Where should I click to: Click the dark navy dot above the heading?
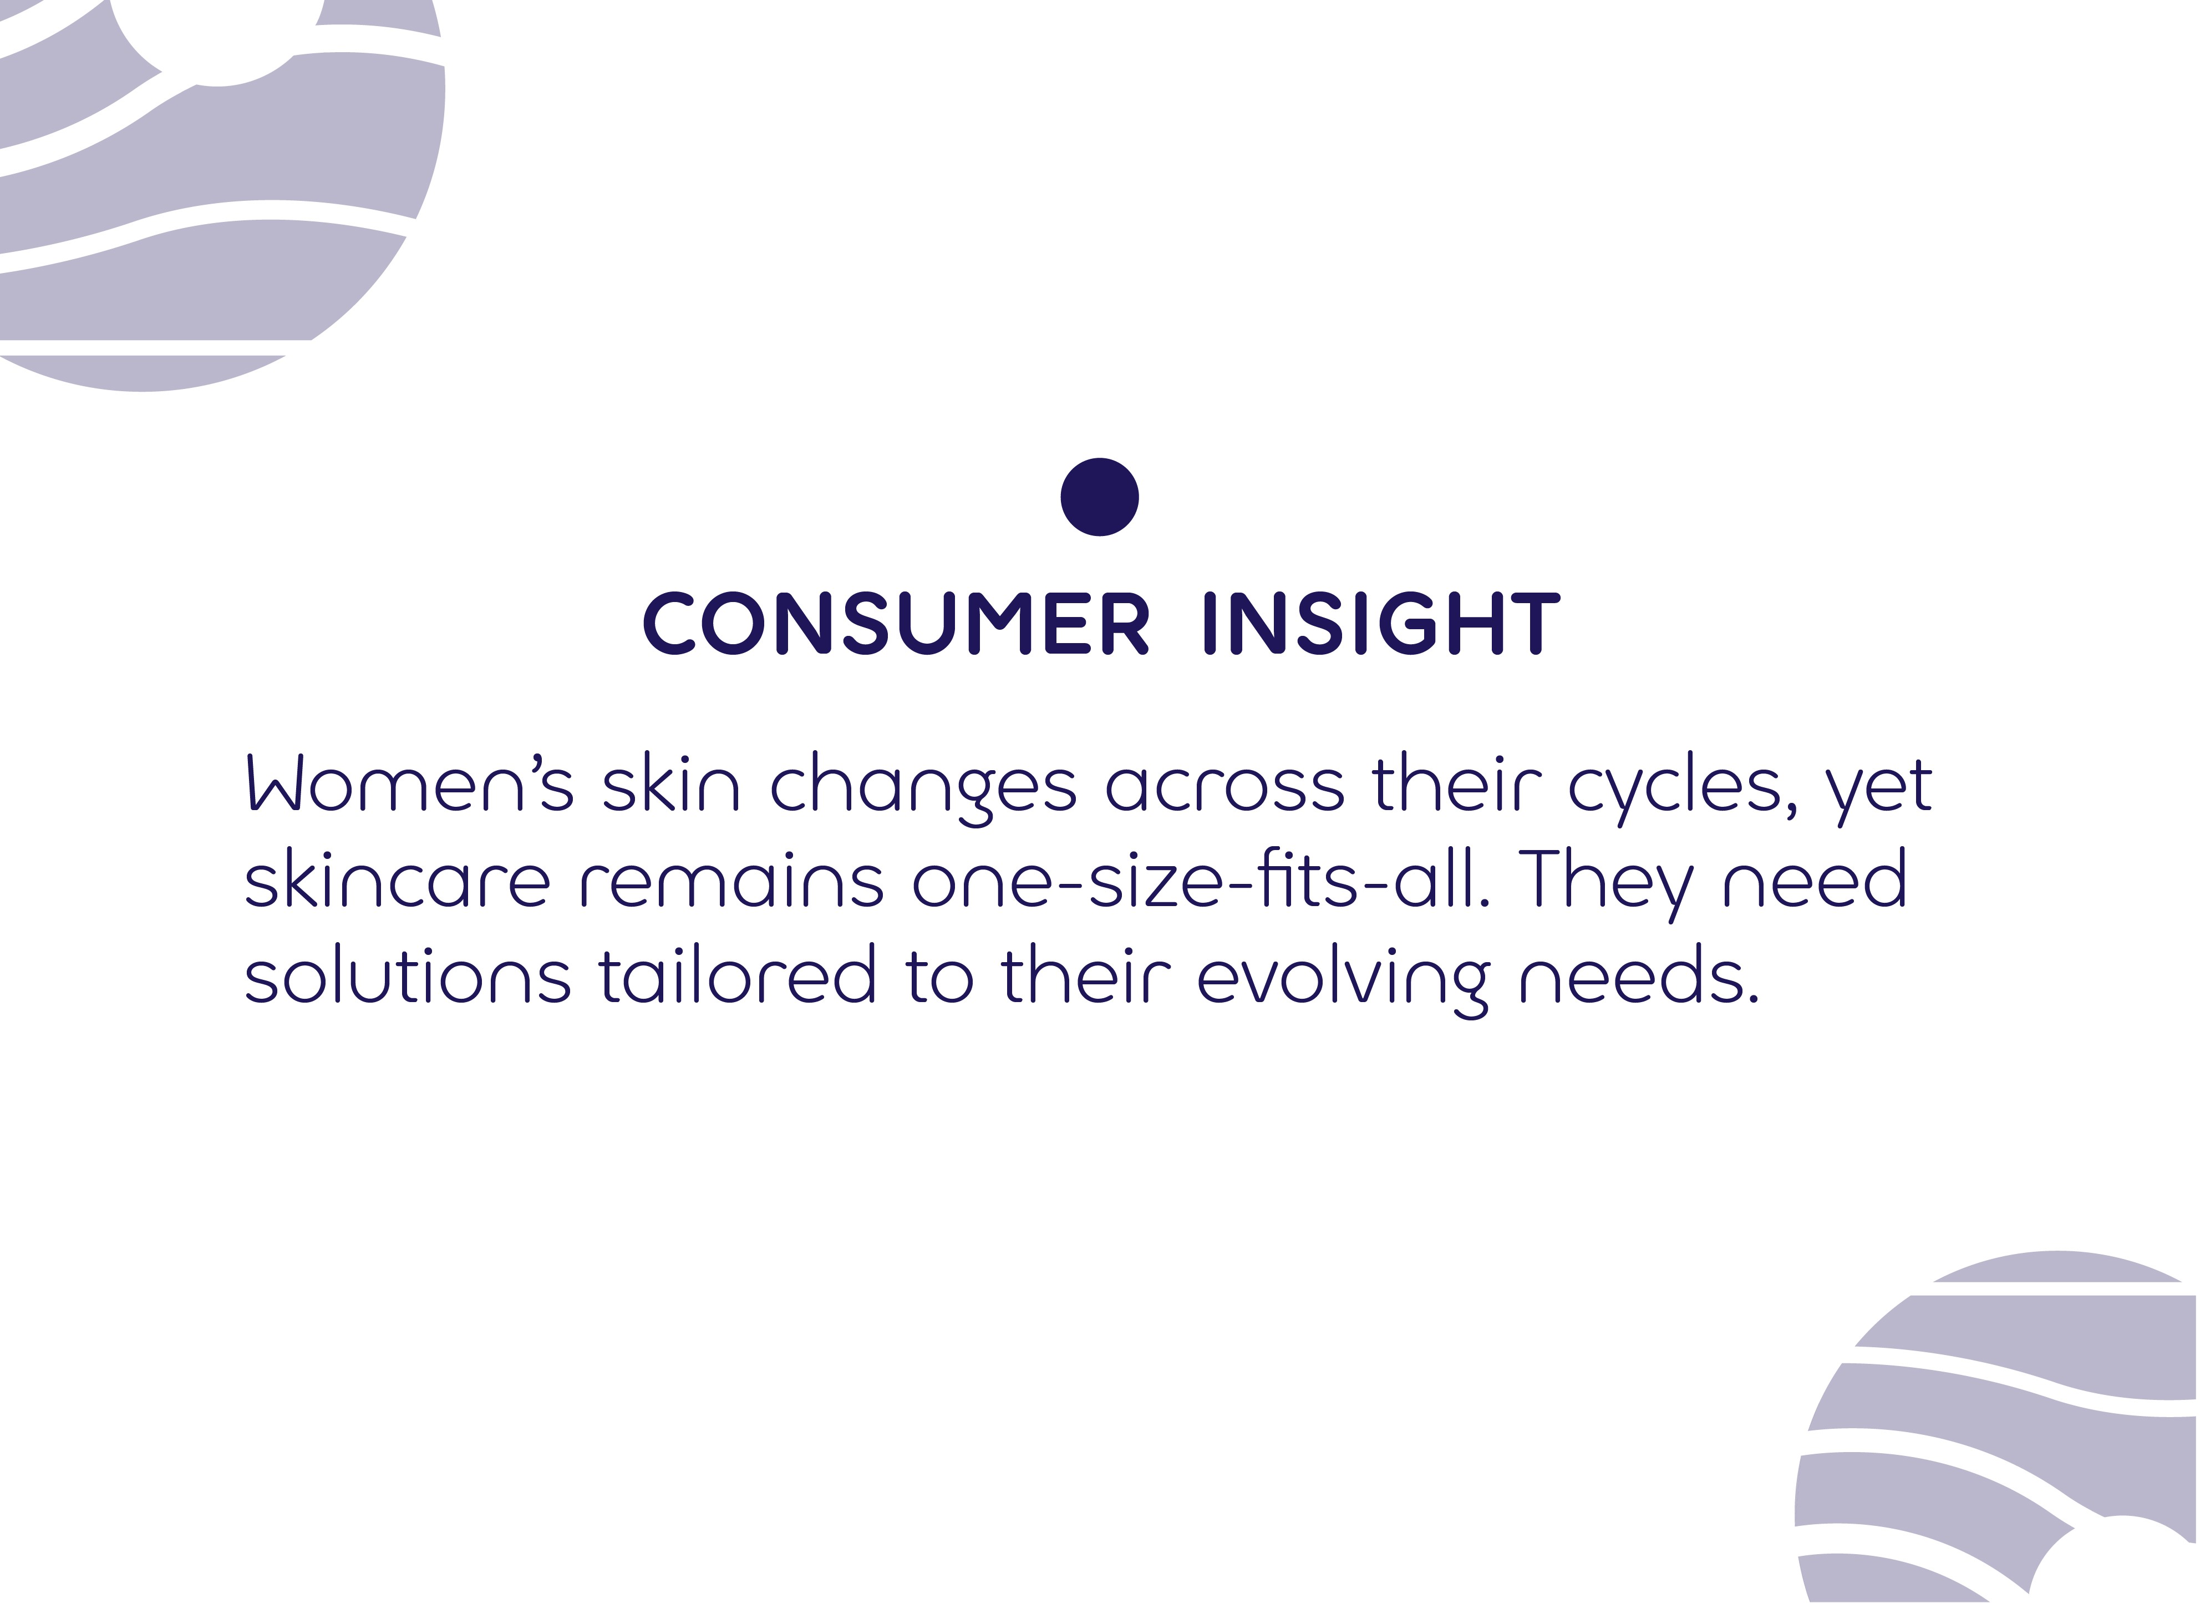point(1099,497)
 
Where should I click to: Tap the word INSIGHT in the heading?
point(1381,623)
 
